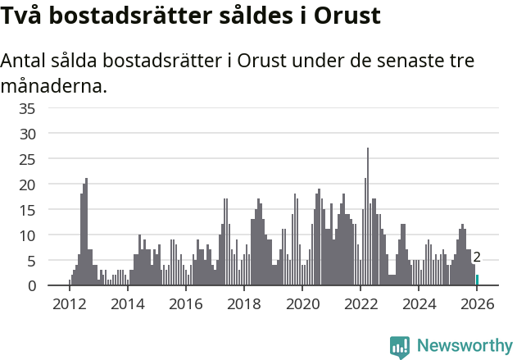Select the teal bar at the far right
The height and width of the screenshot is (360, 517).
(x=477, y=280)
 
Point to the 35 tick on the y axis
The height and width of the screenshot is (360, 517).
(x=50, y=108)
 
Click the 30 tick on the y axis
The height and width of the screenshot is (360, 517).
(x=50, y=134)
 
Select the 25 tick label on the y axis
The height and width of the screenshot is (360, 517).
(x=50, y=159)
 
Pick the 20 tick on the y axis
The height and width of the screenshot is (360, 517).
(x=50, y=185)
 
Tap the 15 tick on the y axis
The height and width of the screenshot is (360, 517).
(x=50, y=210)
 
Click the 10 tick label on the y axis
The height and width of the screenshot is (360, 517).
(x=50, y=235)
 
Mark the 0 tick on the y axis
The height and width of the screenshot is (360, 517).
(x=54, y=286)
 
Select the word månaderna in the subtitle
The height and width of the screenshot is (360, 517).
(x=53, y=85)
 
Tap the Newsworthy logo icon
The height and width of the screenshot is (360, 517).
(x=400, y=347)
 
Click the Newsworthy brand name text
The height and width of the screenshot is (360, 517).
(x=464, y=346)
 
